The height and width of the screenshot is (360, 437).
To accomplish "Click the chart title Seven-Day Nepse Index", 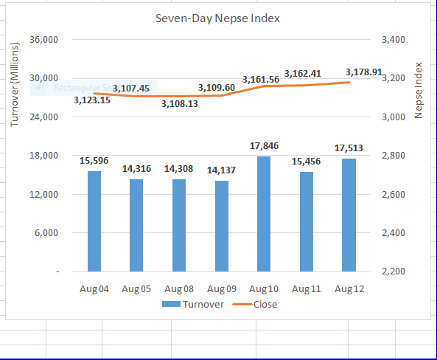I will click(x=217, y=18).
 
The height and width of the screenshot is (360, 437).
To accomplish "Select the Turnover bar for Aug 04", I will click(x=94, y=221).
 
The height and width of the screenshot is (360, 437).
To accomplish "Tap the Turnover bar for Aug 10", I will click(x=264, y=214).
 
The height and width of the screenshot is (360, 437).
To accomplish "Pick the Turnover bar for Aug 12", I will click(x=349, y=215).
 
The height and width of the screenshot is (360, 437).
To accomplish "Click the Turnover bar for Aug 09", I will click(x=222, y=226).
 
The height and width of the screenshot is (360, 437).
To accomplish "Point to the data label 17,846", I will click(x=265, y=146).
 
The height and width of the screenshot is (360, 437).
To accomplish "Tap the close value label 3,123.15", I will click(x=92, y=100).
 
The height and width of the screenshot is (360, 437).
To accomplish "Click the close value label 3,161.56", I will click(x=260, y=79).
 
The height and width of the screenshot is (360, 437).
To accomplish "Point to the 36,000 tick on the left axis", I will click(x=44, y=39).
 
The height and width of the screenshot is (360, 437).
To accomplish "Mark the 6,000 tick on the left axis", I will click(x=47, y=233).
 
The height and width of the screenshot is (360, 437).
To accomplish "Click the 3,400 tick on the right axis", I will click(x=394, y=39).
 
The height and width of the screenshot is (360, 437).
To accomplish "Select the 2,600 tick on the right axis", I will click(x=394, y=195).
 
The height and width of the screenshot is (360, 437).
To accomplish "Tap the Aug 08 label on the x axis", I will click(x=179, y=288).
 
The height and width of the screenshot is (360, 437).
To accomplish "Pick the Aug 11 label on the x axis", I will click(x=307, y=288).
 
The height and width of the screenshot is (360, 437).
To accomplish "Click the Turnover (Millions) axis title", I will click(x=15, y=85).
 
